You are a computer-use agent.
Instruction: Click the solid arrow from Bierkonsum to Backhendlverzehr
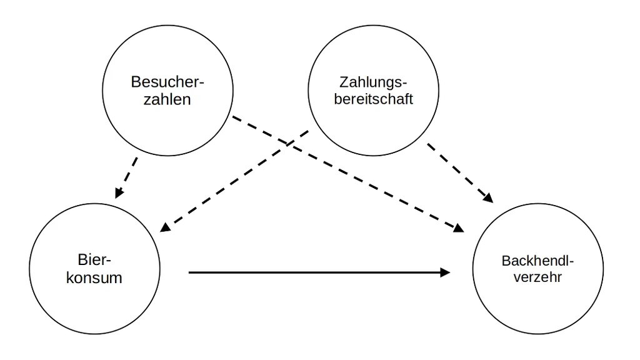[319, 272]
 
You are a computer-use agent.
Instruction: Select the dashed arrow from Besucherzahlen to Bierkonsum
[126, 178]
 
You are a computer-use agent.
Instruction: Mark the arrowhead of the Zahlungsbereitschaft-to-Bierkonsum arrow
[164, 227]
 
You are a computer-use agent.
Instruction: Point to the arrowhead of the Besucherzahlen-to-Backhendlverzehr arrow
[459, 228]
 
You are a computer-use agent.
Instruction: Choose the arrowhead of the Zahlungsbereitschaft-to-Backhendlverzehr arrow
[489, 198]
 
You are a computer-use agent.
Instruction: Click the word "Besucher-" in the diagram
[167, 82]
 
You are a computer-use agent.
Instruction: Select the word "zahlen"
[167, 99]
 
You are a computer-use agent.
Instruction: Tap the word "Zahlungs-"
[373, 82]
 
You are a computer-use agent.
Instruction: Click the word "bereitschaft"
[374, 99]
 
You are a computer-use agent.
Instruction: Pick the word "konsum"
[94, 277]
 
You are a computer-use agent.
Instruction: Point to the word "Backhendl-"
[537, 261]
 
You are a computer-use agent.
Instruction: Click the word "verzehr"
[537, 277]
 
